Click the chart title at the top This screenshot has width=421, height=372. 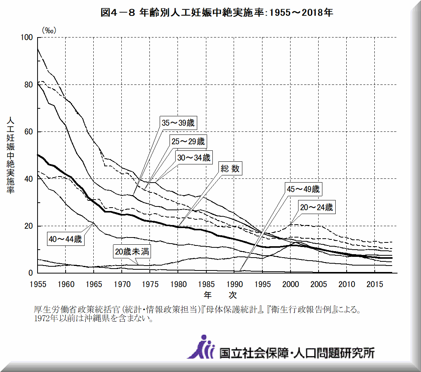coord(217,13)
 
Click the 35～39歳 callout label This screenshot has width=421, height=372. coord(178,123)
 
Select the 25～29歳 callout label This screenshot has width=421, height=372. coord(188,142)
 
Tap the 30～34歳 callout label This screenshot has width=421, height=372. coord(193,157)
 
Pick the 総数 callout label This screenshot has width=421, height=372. coord(230,169)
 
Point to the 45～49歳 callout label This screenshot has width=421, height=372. coord(303,189)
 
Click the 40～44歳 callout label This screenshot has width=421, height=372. coord(65,239)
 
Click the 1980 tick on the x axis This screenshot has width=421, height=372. coord(178,284)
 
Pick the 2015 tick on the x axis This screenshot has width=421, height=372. coord(374,284)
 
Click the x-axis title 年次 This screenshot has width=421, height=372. coord(220,294)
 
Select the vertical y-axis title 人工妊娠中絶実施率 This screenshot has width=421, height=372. coord(10,155)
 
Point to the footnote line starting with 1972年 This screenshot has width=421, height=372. coord(93,319)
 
